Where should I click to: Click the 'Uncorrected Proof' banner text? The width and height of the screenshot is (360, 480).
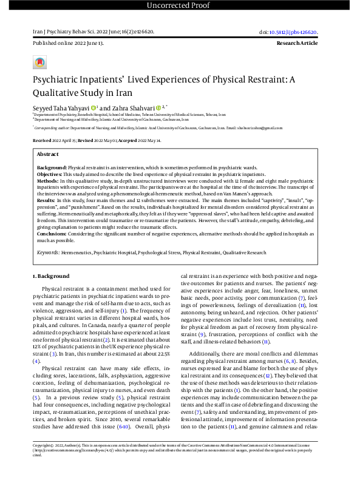[x=180, y=5]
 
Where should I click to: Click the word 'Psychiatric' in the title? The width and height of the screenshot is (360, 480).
[x=59, y=79]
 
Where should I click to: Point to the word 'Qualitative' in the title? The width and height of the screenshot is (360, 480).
[x=59, y=93]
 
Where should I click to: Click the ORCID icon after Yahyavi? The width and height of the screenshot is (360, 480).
[x=94, y=107]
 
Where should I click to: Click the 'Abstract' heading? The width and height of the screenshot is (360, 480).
[x=48, y=155]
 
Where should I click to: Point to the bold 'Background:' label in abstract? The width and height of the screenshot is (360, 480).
[x=52, y=166]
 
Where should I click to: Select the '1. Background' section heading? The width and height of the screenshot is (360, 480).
[x=51, y=276]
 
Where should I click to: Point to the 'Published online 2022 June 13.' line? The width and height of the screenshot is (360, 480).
[x=68, y=44]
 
